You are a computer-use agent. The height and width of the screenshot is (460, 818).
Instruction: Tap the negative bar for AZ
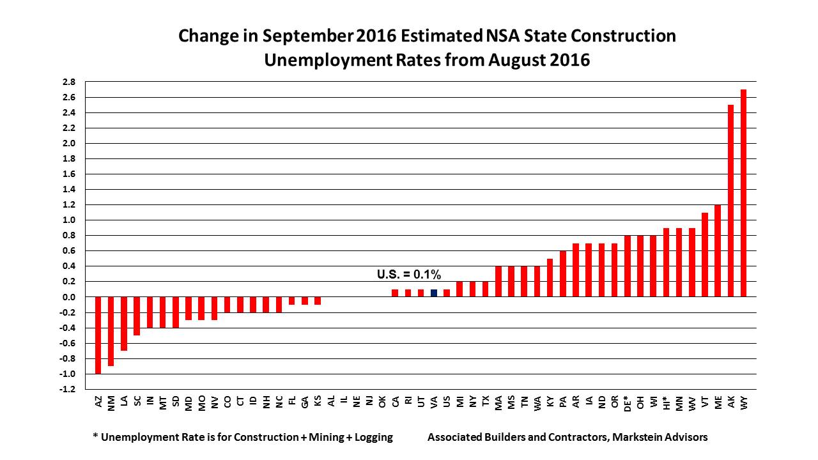tap(98, 335)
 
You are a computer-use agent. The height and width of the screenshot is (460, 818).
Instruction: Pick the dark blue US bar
tap(434, 293)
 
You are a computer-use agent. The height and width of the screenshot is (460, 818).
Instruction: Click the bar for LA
tap(124, 323)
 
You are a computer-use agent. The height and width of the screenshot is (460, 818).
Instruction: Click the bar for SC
tap(137, 316)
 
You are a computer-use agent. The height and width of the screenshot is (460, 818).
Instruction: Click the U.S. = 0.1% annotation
tap(409, 275)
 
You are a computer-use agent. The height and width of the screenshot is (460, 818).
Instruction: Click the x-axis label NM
tap(111, 402)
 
